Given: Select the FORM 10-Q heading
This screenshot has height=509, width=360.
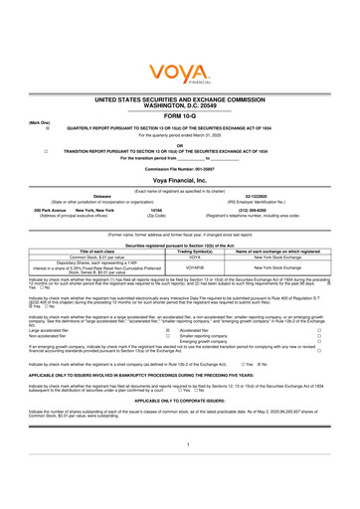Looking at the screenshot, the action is (180, 114).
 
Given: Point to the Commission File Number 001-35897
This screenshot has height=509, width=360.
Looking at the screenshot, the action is (180, 167).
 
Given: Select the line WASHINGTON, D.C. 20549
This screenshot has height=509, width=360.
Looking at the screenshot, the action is (180, 104).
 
